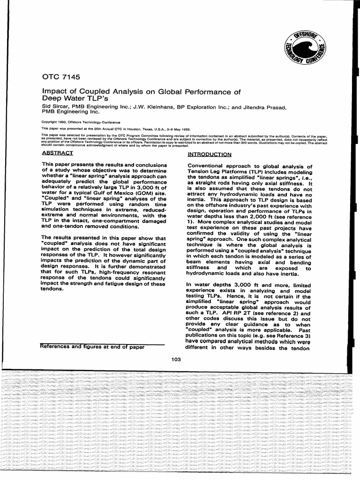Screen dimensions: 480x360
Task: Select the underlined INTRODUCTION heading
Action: (209, 154)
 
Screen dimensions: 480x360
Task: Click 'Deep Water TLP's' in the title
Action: (71, 99)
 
